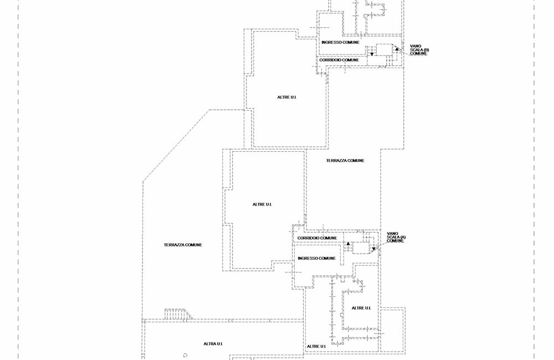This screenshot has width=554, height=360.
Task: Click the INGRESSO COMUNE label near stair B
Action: (x=340, y=42)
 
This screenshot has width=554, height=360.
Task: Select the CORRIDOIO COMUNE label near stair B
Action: (x=342, y=60)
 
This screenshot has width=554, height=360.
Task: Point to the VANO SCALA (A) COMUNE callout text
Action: (x=396, y=237)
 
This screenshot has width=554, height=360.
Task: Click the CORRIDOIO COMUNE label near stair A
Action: (x=317, y=238)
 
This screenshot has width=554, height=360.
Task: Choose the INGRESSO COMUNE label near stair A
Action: (x=316, y=258)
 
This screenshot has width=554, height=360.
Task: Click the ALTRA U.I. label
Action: (x=213, y=344)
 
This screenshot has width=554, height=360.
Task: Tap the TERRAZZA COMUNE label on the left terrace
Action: (x=183, y=245)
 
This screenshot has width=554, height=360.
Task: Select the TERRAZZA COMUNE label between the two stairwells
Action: (x=345, y=161)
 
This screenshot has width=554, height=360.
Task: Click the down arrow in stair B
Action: (x=372, y=54)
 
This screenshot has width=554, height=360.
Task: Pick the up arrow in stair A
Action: (x=348, y=244)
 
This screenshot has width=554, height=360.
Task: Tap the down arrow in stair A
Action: (x=373, y=249)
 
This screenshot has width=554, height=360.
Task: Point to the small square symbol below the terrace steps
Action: (x=185, y=355)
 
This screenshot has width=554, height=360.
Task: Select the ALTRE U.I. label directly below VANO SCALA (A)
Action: (x=361, y=308)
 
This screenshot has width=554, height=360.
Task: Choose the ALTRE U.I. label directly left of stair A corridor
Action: (x=262, y=204)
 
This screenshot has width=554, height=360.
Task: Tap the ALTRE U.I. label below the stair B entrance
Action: (x=287, y=97)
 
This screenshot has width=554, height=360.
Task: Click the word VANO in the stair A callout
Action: (x=392, y=234)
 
